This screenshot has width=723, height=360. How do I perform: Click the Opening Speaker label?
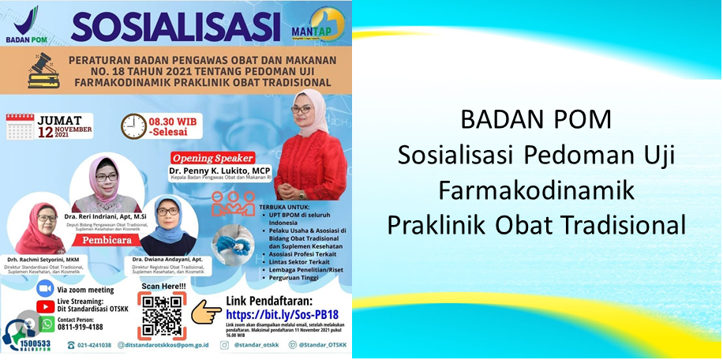click(211, 156)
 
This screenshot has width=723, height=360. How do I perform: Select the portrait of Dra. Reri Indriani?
click(106, 187)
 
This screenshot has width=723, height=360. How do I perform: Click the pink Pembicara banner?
click(106, 236)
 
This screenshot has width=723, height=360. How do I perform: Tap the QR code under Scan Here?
click(163, 316)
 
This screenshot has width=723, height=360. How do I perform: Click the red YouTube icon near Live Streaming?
click(45, 307)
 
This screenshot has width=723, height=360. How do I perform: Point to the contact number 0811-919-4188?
click(79, 327)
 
